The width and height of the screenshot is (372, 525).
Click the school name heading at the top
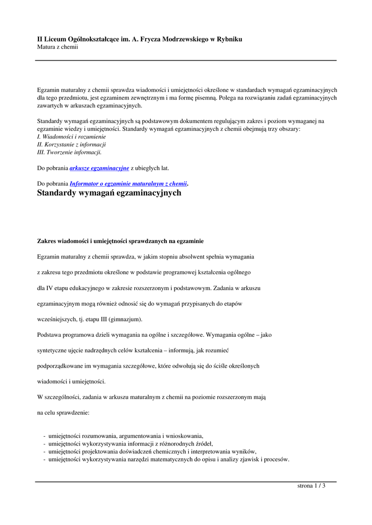(140, 39)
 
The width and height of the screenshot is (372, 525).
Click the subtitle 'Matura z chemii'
(57, 47)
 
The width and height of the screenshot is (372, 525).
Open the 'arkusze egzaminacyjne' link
(99, 168)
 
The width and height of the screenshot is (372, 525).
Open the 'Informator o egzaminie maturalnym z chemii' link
(128, 183)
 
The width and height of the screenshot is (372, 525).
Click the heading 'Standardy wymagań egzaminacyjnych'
(109, 193)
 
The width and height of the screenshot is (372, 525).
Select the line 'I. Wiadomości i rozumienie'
(71, 137)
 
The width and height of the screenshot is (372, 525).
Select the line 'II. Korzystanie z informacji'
(71, 145)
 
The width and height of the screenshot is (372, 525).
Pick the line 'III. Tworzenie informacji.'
(69, 152)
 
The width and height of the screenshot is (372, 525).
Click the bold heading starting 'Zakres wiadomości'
(121, 240)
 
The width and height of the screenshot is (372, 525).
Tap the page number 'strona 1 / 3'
(311, 486)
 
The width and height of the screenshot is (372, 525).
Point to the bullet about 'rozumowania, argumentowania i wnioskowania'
(126, 436)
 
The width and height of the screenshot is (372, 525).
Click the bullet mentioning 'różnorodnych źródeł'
(130, 444)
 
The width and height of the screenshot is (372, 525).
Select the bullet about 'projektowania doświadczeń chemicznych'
(152, 452)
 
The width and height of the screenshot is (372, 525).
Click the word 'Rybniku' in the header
(229, 39)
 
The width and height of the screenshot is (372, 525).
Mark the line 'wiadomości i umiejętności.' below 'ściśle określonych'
(71, 381)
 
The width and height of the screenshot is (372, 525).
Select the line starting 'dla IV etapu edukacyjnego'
(149, 288)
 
